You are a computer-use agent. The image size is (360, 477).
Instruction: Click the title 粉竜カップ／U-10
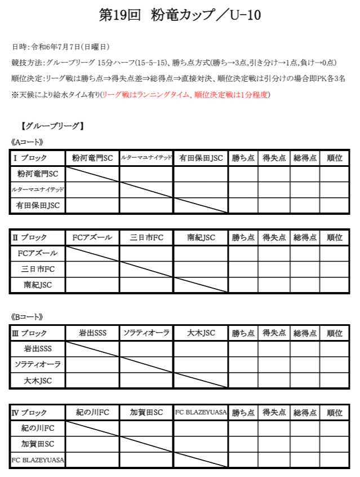(179, 16)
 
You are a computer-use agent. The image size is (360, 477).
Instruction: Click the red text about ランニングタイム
(186, 95)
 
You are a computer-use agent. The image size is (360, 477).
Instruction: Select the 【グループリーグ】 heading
(51, 126)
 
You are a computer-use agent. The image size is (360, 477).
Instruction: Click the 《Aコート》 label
(27, 142)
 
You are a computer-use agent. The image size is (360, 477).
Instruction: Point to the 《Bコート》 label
(27, 317)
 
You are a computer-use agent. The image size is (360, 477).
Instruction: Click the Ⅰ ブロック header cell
(37, 158)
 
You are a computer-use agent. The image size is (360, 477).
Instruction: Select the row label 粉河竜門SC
(37, 174)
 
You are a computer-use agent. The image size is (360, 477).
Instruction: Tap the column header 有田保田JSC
(201, 158)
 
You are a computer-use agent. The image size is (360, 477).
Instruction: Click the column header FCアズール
(92, 238)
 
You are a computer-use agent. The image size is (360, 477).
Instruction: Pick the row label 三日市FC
(37, 269)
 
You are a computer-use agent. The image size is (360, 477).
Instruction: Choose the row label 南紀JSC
(37, 285)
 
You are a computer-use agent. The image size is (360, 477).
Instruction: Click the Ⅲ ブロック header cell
(37, 333)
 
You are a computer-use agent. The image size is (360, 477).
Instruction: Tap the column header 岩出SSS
(92, 333)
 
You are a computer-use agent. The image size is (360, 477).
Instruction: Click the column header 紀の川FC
(92, 413)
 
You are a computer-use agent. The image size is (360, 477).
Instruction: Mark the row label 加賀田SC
(37, 444)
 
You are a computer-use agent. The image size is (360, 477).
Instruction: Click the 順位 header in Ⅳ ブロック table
(335, 413)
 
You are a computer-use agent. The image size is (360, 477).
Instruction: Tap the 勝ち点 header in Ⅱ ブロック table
(243, 238)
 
